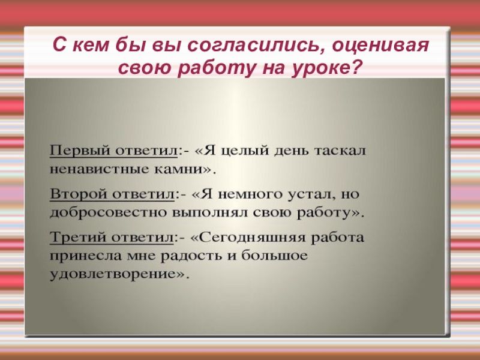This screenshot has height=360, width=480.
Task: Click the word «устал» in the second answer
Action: tap(306, 194)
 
